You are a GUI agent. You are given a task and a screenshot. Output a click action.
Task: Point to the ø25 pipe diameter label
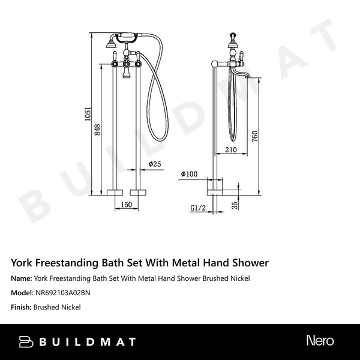pos(155,164)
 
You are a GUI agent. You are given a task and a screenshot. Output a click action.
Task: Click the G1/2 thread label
pos(198,208)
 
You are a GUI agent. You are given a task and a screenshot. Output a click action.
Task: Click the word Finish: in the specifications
pos(22,307)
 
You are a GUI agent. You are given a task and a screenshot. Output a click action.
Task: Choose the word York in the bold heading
pos(23,263)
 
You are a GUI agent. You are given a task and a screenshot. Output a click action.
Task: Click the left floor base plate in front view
pos(113,193)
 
